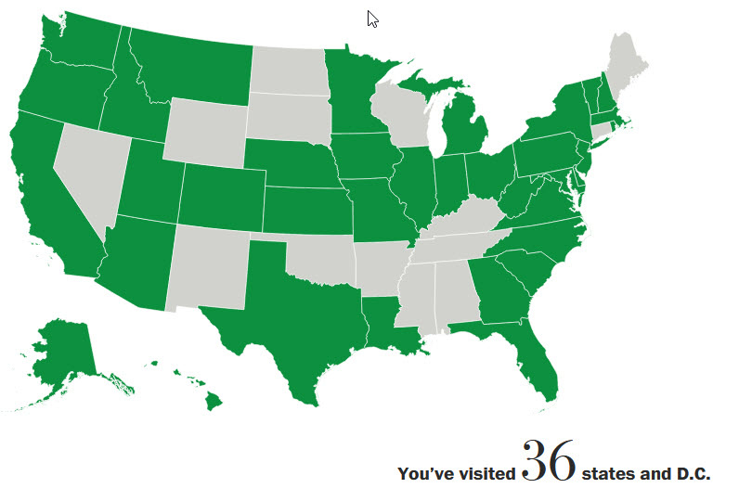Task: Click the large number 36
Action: pyautogui.click(x=549, y=461)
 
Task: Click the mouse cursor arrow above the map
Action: pyautogui.click(x=371, y=18)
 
